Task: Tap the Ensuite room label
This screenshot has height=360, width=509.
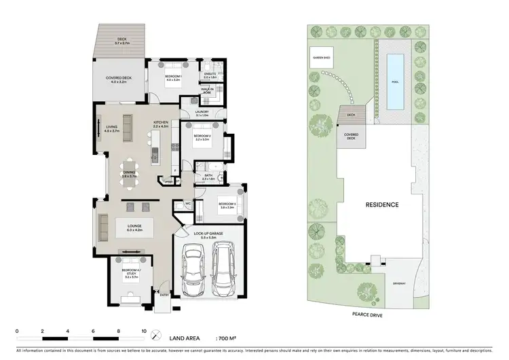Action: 210,75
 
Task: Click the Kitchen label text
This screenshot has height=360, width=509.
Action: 160,124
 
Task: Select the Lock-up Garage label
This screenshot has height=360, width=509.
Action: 209,234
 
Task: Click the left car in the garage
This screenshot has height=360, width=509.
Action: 194,270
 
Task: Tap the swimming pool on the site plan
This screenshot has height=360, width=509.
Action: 394,82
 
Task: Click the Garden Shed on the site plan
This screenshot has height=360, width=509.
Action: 321,58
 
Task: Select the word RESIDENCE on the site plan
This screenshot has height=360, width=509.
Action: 382,204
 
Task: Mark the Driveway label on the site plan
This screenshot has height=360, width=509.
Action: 398,283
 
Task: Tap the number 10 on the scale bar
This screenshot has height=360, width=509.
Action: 143,331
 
